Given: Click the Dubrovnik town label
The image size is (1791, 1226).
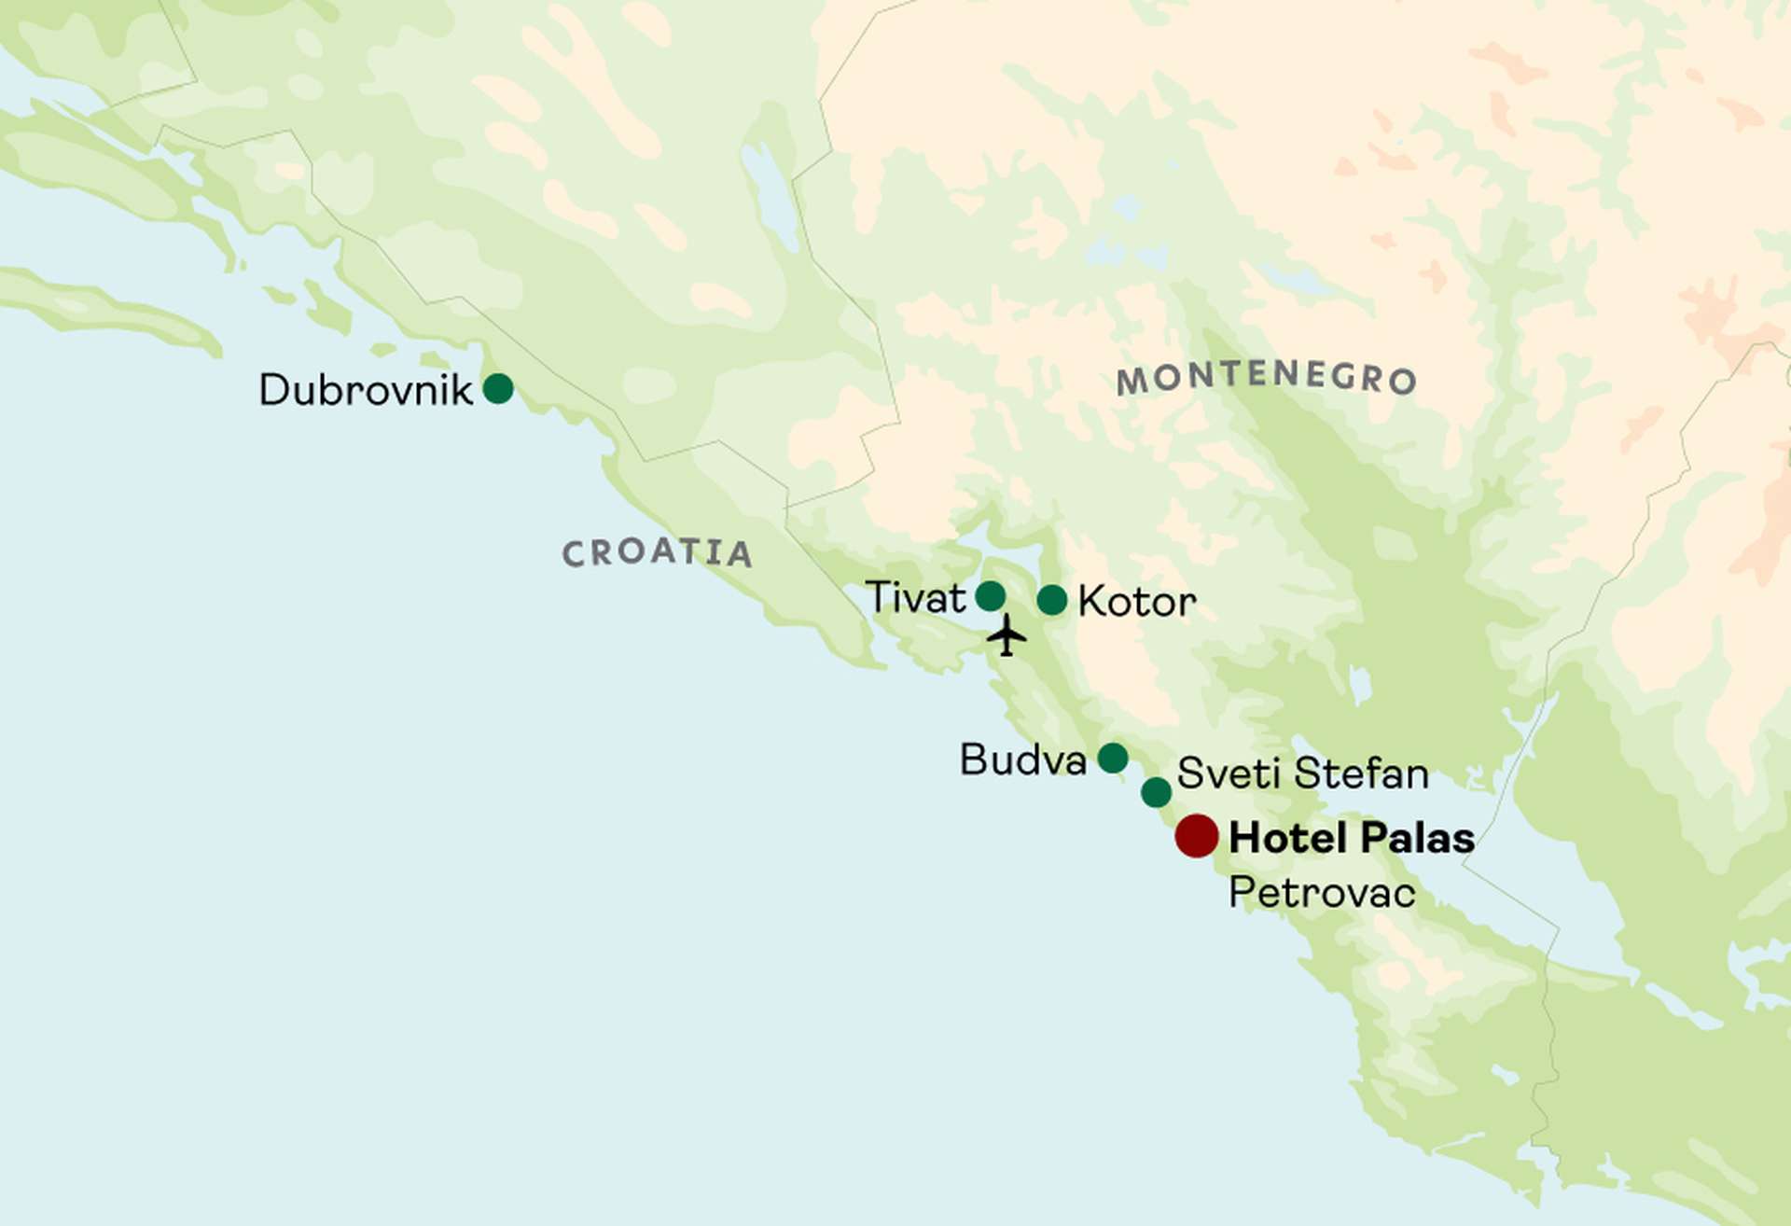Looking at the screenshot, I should coord(366,389).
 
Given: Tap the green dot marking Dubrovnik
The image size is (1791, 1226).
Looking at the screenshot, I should coord(498,388).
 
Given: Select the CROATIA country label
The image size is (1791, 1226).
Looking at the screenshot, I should coord(657,552).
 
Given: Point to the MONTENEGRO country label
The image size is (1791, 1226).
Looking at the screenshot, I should coord(1267,377).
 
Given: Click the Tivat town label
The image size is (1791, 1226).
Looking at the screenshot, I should coord(916,597).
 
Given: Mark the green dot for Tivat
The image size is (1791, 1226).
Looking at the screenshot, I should coord(991,595).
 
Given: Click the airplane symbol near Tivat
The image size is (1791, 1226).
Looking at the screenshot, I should coord(1007,635).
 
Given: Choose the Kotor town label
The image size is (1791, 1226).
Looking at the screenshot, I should coord(1137,602).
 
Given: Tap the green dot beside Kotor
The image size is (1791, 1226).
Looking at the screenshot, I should coord(1052,600).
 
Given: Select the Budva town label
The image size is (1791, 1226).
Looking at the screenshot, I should coord(1023,759).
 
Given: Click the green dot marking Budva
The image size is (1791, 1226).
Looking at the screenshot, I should coord(1113,758).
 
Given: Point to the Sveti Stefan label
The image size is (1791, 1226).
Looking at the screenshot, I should coord(1303,773).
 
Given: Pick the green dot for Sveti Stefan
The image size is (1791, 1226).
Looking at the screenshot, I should coord(1157,792).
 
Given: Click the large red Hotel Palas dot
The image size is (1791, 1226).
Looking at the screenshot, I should coord(1197,835).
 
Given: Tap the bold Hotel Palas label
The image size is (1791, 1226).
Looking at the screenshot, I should coord(1352,838).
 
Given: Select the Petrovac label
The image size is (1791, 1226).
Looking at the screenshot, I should coord(1322,893).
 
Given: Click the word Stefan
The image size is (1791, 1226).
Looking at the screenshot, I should coord(1362,773).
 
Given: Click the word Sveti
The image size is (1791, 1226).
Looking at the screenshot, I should coord(1229,773).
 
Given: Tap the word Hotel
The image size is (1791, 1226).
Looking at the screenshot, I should coord(1285,838).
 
